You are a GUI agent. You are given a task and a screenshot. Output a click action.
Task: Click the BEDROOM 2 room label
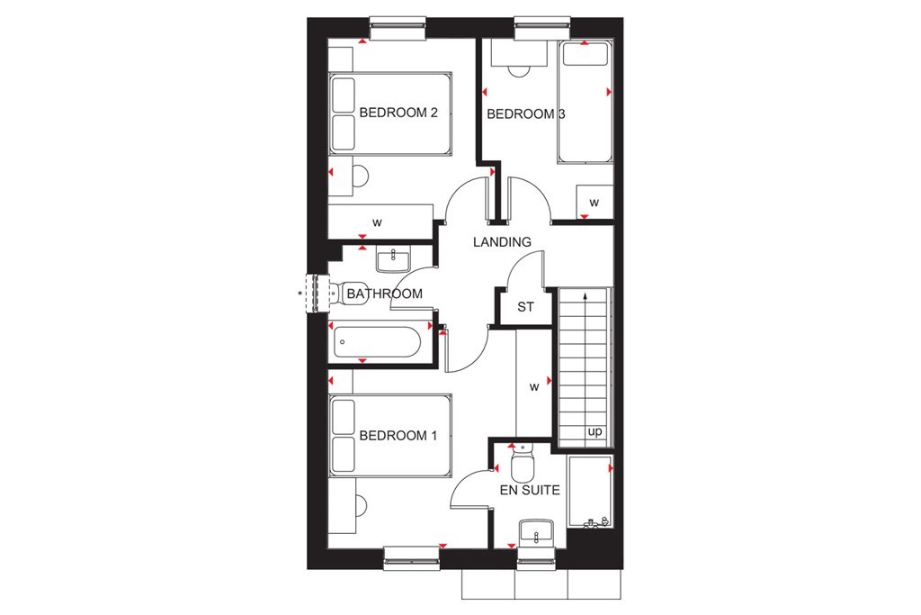[398, 113]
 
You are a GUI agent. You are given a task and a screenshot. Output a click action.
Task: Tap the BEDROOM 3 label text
[526, 114]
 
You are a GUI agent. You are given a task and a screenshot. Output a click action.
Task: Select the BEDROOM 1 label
[398, 436]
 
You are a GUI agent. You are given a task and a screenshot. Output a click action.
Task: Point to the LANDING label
[503, 242]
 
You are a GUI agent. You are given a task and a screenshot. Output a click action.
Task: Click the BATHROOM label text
[384, 294]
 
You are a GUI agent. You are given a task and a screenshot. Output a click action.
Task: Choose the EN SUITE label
[531, 491]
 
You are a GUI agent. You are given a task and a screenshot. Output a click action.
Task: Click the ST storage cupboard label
[525, 307]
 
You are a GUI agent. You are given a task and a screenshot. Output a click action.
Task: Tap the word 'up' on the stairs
[595, 431]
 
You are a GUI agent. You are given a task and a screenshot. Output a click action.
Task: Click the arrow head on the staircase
[586, 295]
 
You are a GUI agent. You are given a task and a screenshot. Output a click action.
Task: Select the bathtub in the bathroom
[375, 343]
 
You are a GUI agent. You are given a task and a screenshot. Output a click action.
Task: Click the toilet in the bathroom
[351, 294]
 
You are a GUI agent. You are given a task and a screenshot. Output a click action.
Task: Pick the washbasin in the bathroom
[392, 260]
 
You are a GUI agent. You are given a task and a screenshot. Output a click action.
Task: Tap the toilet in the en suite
[522, 466]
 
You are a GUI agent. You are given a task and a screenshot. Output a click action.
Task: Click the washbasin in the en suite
[537, 532]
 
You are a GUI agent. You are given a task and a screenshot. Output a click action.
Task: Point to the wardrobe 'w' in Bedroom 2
[378, 222]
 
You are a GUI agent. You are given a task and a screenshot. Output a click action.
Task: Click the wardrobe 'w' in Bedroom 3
[594, 203]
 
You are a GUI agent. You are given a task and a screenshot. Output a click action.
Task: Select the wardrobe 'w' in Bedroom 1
[533, 388]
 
